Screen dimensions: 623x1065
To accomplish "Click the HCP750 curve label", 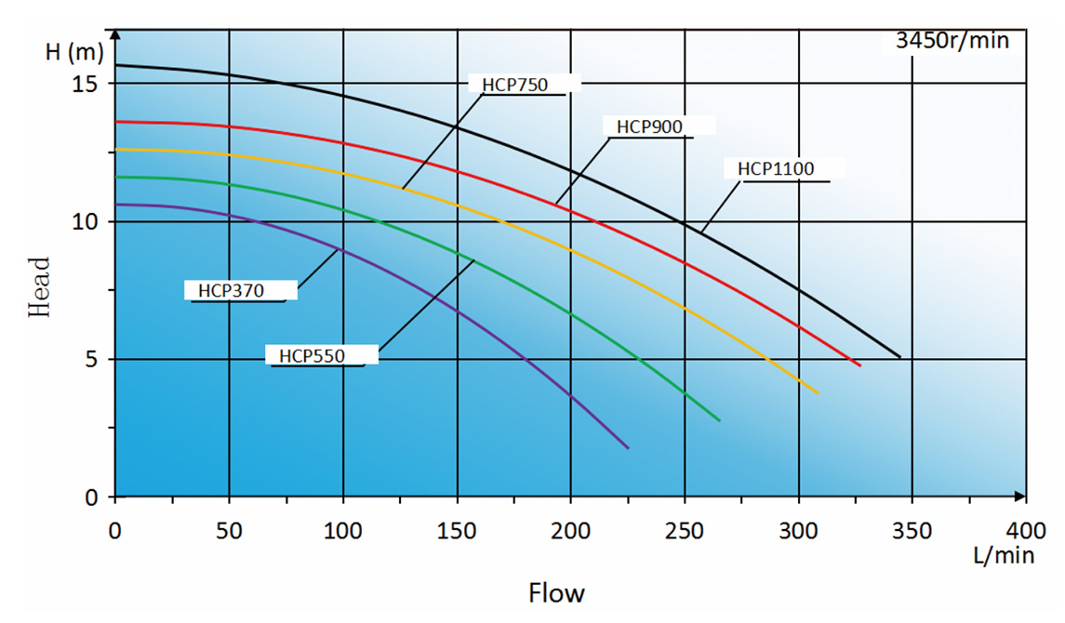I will click(x=514, y=85).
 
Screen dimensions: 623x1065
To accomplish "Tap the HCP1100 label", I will click(x=776, y=169).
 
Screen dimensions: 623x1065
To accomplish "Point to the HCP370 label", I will click(x=231, y=291).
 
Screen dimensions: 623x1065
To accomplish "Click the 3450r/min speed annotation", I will click(x=952, y=40).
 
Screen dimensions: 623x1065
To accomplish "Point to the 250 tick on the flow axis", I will click(x=685, y=531).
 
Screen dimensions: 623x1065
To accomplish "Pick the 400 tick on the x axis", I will click(x=1026, y=531).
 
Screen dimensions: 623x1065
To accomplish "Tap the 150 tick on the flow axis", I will click(x=457, y=531).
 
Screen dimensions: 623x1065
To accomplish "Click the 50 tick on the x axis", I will click(x=229, y=531).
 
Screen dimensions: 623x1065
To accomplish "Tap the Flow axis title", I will click(x=557, y=592).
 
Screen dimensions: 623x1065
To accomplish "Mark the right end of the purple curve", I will click(x=629, y=448).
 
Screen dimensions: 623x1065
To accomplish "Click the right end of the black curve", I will click(x=900, y=357).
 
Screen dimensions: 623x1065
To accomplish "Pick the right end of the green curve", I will click(x=720, y=421).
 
